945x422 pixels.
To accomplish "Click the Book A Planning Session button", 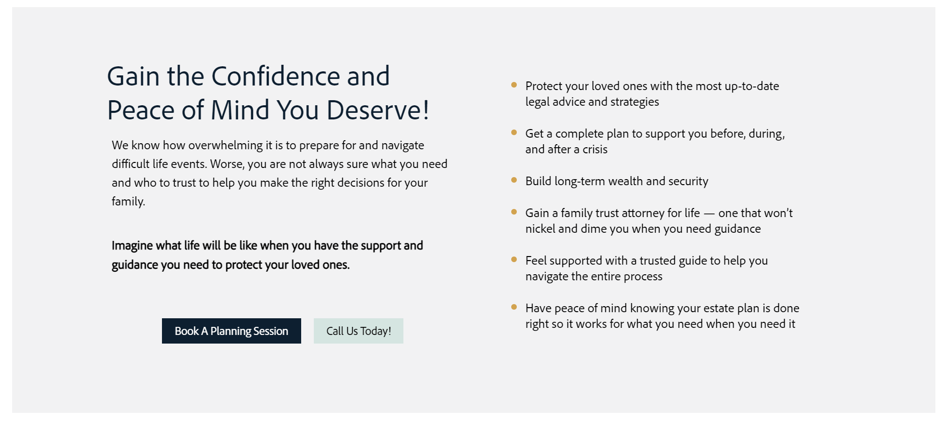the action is tap(231, 331).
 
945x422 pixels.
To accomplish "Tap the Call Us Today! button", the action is tap(358, 331).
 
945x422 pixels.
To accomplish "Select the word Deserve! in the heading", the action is tap(378, 110).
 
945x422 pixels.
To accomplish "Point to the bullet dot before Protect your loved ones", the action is tap(514, 85).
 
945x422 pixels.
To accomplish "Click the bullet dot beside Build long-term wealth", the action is tap(514, 180).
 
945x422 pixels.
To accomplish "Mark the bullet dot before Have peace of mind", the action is tap(514, 307).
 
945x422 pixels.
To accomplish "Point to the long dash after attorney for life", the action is tap(709, 214).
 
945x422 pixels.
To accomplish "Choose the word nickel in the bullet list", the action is tap(540, 229).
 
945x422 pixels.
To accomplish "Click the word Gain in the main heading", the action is tap(133, 76).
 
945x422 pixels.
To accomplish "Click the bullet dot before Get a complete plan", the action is tap(514, 133).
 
